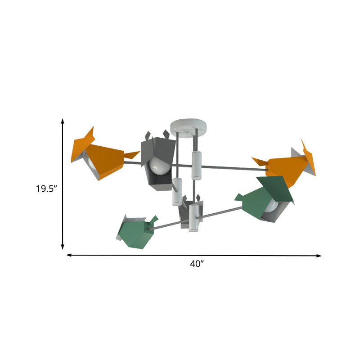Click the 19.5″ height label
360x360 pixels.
[46, 189]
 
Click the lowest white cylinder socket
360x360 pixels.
[193, 218]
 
